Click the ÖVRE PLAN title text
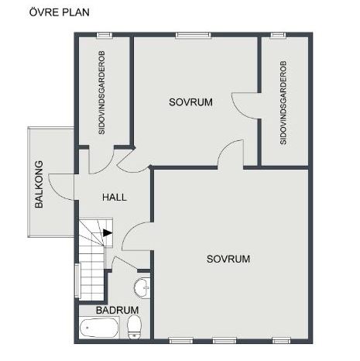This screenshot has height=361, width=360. pyautogui.click(x=60, y=12)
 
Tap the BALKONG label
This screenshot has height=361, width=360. pyautogui.click(x=39, y=184)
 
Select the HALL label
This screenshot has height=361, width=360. pyautogui.click(x=115, y=198)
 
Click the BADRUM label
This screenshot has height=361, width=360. pyautogui.click(x=117, y=310)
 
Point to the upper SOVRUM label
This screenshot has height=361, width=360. pyautogui.click(x=190, y=102)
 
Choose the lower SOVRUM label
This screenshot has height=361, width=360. pyautogui.click(x=228, y=259)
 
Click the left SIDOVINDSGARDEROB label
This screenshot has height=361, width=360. pyautogui.click(x=101, y=92)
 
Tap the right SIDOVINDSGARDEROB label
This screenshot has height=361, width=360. pyautogui.click(x=283, y=102)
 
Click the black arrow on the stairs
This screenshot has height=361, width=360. pyautogui.click(x=108, y=232)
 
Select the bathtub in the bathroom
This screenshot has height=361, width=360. pyautogui.click(x=99, y=328)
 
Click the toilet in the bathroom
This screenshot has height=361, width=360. pyautogui.click(x=134, y=327)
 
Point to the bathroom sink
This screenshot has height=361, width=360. pyautogui.click(x=142, y=288)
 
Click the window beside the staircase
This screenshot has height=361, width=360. pyautogui.click(x=77, y=281)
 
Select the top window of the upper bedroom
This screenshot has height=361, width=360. pyautogui.click(x=193, y=35)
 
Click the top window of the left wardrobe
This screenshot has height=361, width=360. pyautogui.click(x=105, y=35)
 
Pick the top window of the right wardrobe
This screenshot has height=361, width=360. pyautogui.click(x=278, y=35)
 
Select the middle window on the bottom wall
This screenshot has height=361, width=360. pyautogui.click(x=225, y=341)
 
